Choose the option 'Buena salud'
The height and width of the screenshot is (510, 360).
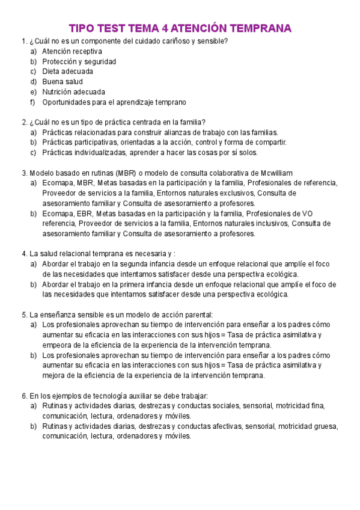click(x=63, y=82)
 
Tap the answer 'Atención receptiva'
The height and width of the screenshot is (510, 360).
click(x=72, y=51)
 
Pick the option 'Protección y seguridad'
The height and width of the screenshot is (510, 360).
click(x=79, y=61)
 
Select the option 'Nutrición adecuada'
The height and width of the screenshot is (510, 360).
click(x=73, y=92)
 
